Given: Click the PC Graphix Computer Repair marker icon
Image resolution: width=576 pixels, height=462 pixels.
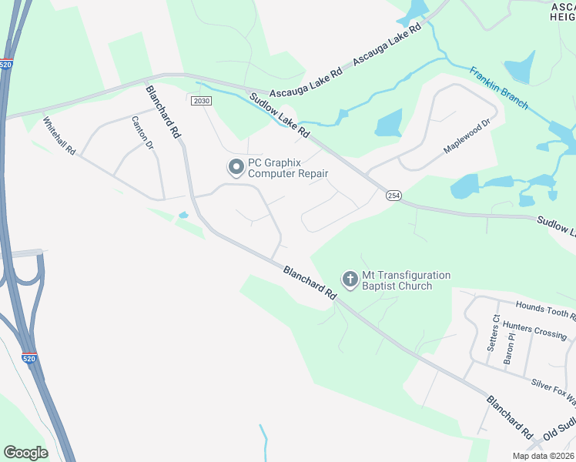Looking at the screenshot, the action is [x=234, y=166].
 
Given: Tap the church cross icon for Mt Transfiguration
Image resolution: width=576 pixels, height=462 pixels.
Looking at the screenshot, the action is [x=350, y=279].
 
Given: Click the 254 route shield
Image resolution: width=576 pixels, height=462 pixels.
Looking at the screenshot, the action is [x=393, y=196].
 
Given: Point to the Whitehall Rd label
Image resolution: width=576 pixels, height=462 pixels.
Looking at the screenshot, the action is [x=59, y=136].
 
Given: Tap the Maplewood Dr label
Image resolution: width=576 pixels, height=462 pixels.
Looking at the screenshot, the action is [x=467, y=136].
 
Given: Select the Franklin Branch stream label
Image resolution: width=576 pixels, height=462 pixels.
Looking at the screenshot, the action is [x=499, y=88].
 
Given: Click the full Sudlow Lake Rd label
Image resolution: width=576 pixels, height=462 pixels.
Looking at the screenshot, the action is [x=279, y=115].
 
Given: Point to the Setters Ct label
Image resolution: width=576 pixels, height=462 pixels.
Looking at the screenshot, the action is [x=494, y=333].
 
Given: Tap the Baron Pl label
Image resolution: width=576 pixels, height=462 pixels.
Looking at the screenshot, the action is [x=508, y=349].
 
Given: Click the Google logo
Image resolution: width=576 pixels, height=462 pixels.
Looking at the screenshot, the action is [x=25, y=452].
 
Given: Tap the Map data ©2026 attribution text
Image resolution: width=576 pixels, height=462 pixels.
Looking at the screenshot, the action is [x=542, y=456].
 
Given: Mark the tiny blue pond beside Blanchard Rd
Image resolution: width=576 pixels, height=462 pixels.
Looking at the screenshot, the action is [x=183, y=215].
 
